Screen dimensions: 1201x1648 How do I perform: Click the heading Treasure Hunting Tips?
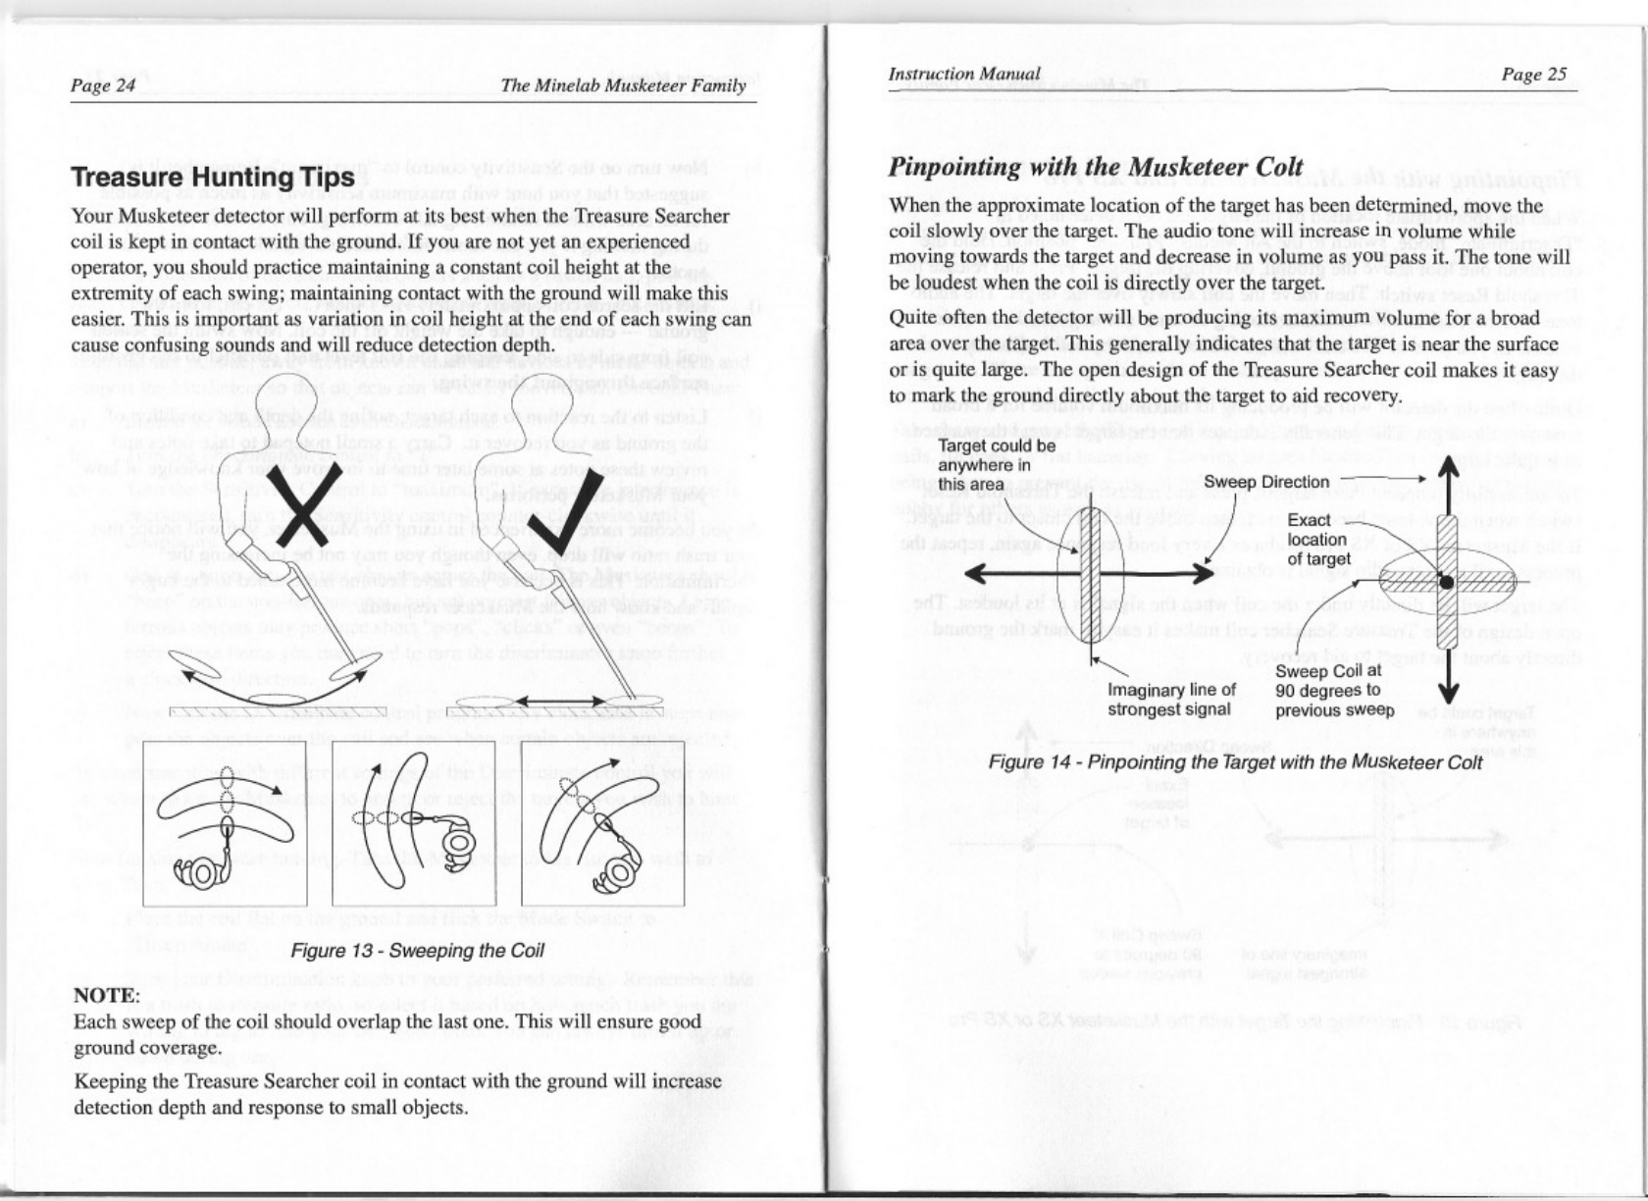pos(212,178)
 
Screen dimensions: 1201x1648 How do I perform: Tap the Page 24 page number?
pos(103,85)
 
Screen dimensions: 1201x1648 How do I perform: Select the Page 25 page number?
pos(1534,75)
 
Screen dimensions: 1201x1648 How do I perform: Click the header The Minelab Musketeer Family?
pos(623,85)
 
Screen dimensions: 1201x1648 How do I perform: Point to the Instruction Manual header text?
pos(963,74)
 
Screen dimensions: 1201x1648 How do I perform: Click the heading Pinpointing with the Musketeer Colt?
pos(1096,167)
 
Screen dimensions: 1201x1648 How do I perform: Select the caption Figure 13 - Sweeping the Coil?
pos(417,951)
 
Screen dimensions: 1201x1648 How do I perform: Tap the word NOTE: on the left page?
pos(107,996)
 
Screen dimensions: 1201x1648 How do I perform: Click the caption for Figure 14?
pos(1235,762)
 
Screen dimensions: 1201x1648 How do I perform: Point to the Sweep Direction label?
pos(1266,482)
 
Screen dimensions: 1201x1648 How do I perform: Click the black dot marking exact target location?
pos(1446,583)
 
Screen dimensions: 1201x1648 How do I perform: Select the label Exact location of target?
pos(1318,540)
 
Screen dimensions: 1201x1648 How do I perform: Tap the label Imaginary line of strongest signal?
pos(1170,700)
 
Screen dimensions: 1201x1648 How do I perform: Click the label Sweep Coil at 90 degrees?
pos(1334,691)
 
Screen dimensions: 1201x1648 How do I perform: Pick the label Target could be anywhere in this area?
pos(997,465)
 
